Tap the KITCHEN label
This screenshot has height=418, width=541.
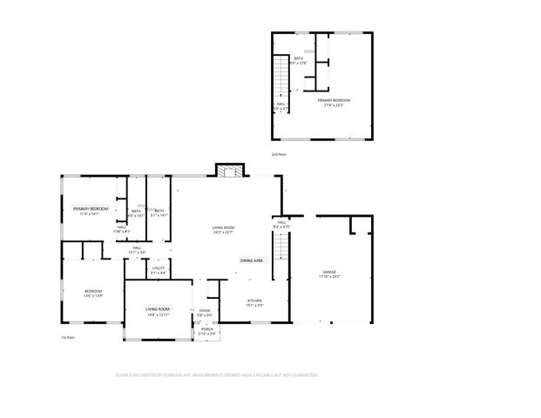point(254,301)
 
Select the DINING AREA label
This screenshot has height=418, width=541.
point(252,260)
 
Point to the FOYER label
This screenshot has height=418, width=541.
point(205,311)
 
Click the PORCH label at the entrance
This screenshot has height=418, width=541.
point(206,329)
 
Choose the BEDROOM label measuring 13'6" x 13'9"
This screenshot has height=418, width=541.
point(93,291)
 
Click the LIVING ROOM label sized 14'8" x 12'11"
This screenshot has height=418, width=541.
point(158,309)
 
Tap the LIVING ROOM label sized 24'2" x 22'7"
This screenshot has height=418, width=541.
point(224,228)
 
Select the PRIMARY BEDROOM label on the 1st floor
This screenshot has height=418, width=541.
point(91,209)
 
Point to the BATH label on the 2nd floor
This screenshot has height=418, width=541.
point(298,58)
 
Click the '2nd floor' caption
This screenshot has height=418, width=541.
point(279,154)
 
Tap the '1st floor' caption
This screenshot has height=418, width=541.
point(68,337)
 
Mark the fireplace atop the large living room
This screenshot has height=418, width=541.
point(231,171)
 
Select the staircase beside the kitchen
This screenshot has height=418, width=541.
point(280,257)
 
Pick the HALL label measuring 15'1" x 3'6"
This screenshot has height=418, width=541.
point(138,248)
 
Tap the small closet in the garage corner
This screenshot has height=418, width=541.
point(361,226)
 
